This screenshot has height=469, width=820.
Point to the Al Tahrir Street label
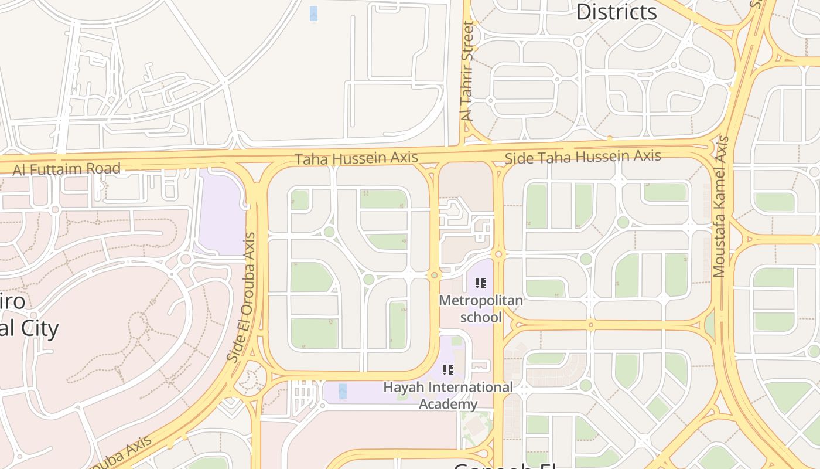click(467, 71)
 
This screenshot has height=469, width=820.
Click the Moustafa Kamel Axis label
click(721, 206)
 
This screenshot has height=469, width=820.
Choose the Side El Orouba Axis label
click(242, 297)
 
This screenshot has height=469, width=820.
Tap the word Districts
click(616, 12)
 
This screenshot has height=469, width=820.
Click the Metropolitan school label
click(481, 308)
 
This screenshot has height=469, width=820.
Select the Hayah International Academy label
click(448, 395)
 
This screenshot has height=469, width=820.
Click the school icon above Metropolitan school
click(481, 284)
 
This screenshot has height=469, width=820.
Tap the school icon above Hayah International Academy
click(448, 370)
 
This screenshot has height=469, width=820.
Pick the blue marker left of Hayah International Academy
click(343, 390)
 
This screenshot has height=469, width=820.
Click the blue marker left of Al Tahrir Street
click(313, 13)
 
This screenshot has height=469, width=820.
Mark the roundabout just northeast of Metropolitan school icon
click(498, 254)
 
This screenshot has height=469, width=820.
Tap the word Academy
click(448, 403)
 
